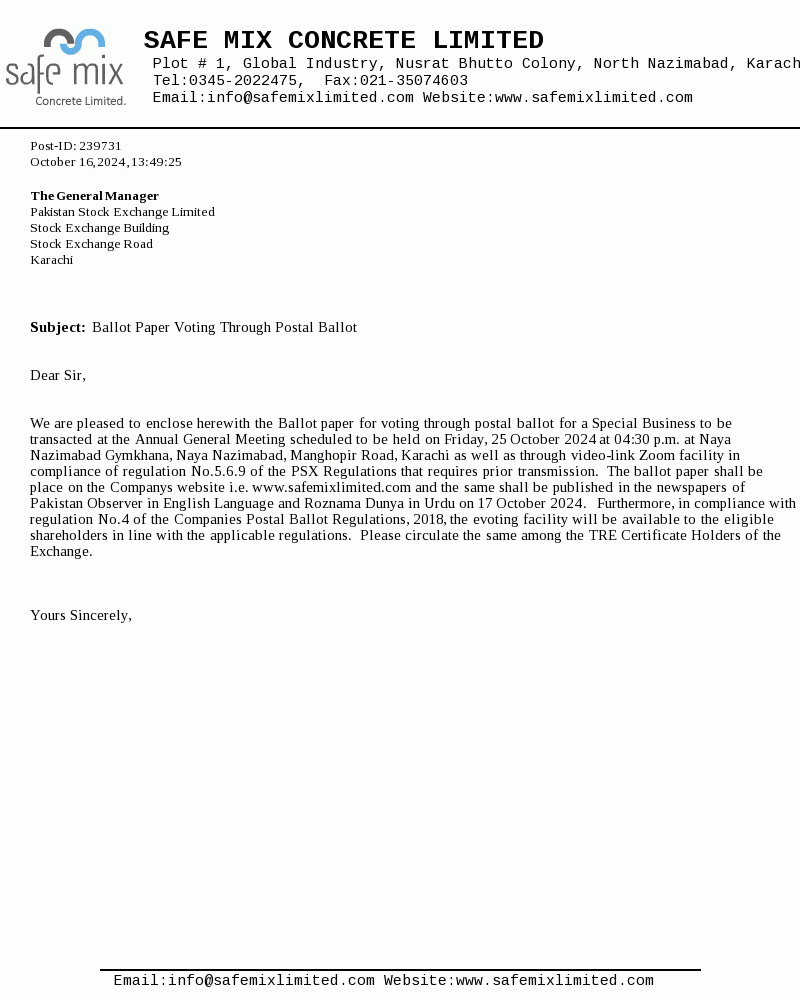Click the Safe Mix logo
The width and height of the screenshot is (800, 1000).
pos(66,67)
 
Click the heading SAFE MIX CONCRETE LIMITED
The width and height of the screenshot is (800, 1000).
pos(343,41)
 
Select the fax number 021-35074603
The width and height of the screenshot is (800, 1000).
pos(413,81)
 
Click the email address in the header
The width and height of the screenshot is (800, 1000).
pos(310,98)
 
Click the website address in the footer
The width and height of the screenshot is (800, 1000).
pos(554,982)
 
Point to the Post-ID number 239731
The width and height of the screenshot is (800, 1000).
pos(100,146)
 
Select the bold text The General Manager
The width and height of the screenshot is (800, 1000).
pos(94,196)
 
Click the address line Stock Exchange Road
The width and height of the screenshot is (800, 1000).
pos(91,244)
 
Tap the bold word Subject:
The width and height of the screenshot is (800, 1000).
pos(58,328)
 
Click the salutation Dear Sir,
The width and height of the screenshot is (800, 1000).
pos(58,376)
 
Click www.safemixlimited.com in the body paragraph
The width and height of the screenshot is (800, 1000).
pos(331,488)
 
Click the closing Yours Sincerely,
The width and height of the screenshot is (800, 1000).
pos(81,616)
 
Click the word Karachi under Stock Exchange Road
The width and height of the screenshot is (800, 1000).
pos(51,260)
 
